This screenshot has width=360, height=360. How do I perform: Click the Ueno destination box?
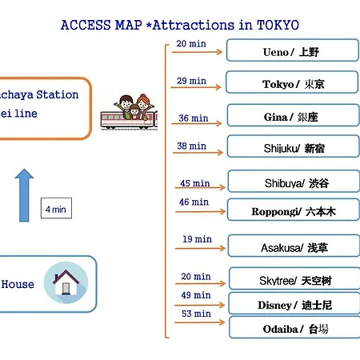(x=293, y=50)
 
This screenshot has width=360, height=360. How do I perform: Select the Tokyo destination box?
(x=292, y=82)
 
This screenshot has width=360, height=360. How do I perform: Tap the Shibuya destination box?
(x=294, y=182)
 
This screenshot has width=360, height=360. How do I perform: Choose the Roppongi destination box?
(x=294, y=210)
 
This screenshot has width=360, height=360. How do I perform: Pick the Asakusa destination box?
(x=294, y=246)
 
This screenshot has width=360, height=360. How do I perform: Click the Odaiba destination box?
(x=294, y=327)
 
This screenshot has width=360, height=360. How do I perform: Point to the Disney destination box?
(x=294, y=303)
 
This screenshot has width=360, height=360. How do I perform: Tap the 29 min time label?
(x=191, y=81)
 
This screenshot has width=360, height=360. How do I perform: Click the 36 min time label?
(x=194, y=118)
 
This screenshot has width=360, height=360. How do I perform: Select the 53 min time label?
(x=196, y=314)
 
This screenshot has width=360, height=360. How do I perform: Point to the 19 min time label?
(x=197, y=239)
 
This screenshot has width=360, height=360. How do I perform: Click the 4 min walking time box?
(x=56, y=208)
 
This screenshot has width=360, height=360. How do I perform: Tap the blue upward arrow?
(x=24, y=195)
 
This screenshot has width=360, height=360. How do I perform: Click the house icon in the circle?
(x=66, y=282)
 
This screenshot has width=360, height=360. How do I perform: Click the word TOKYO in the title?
(x=278, y=25)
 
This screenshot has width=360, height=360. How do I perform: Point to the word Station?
(x=58, y=94)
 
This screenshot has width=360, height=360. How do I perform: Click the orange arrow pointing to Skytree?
(x=201, y=283)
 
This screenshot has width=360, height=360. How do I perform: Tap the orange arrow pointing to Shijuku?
(x=198, y=153)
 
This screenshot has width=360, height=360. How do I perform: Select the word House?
(x=18, y=284)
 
